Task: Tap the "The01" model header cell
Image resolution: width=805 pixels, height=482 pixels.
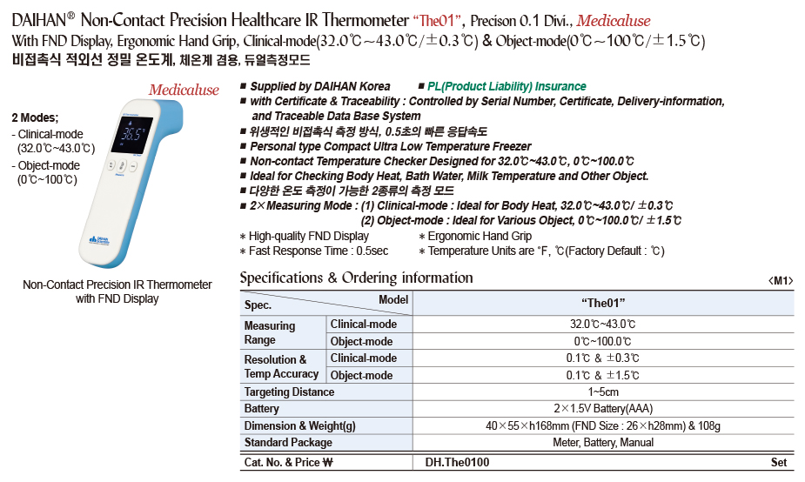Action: (x=603, y=302)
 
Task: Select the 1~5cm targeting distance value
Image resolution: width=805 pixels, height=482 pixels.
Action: (x=603, y=392)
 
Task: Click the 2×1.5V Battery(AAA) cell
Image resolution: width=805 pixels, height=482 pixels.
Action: (x=603, y=409)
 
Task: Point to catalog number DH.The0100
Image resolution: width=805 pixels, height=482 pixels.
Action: (x=458, y=463)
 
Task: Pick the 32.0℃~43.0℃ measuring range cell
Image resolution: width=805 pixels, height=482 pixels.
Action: (x=603, y=325)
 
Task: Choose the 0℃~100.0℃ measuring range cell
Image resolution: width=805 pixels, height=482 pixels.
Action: (x=603, y=341)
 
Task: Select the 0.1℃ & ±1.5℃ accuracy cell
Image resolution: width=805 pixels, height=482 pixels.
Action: (x=603, y=375)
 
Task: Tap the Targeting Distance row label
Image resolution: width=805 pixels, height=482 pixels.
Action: (x=289, y=392)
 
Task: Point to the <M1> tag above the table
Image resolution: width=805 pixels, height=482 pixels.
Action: (x=781, y=280)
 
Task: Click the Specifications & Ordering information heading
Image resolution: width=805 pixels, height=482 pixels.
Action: (x=356, y=278)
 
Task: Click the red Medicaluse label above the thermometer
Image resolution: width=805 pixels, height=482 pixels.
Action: (x=184, y=90)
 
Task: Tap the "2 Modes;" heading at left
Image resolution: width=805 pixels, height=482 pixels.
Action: (x=35, y=117)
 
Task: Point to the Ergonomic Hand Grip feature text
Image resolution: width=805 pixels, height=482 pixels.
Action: (x=480, y=236)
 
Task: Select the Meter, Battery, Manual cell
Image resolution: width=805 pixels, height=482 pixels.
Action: (x=603, y=443)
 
